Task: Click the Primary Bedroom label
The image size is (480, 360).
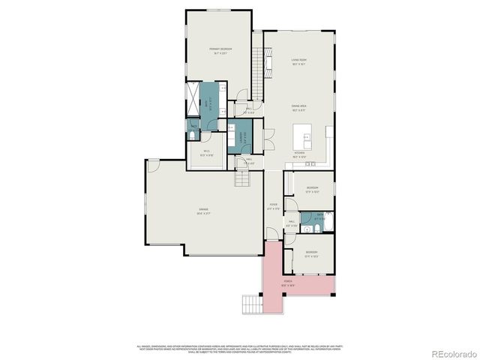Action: tap(220, 50)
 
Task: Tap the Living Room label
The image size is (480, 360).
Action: tap(300, 61)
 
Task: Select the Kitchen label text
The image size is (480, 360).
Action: tap(299, 154)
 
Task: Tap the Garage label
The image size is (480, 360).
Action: tap(203, 211)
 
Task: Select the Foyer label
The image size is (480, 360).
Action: tap(274, 205)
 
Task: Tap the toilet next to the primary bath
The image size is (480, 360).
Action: tap(193, 136)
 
